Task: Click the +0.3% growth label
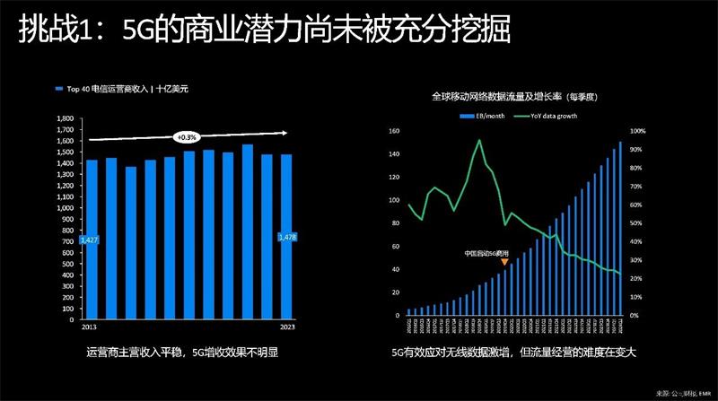(187, 137)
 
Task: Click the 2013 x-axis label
(90, 327)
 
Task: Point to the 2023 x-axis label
(287, 327)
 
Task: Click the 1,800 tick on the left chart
(66, 118)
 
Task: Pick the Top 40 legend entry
(126, 89)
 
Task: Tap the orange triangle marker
(504, 262)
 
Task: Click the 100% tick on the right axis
(636, 131)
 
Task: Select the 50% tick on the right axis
(635, 223)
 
